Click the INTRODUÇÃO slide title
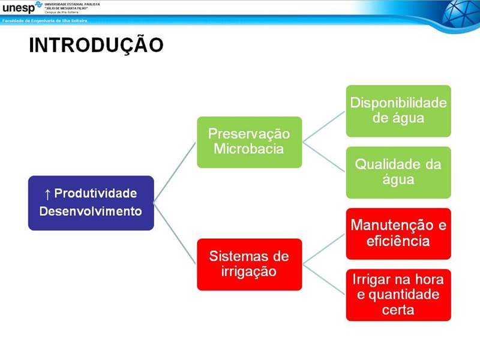[x=96, y=46]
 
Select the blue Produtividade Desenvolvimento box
[x=91, y=203]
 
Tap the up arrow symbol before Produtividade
[x=47, y=194]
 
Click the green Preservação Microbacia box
[x=249, y=142]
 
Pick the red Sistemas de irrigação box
[x=249, y=264]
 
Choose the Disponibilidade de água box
[x=398, y=110]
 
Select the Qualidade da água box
[x=398, y=172]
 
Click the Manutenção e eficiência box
[x=398, y=233]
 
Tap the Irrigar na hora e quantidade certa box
[x=398, y=295]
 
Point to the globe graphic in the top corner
[x=459, y=15]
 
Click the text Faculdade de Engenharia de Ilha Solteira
[x=45, y=20]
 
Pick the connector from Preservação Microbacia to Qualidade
[x=324, y=157]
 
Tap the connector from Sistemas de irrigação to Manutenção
[x=324, y=249]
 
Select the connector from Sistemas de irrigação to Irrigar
[x=324, y=280]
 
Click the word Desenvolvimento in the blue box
[x=91, y=211]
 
